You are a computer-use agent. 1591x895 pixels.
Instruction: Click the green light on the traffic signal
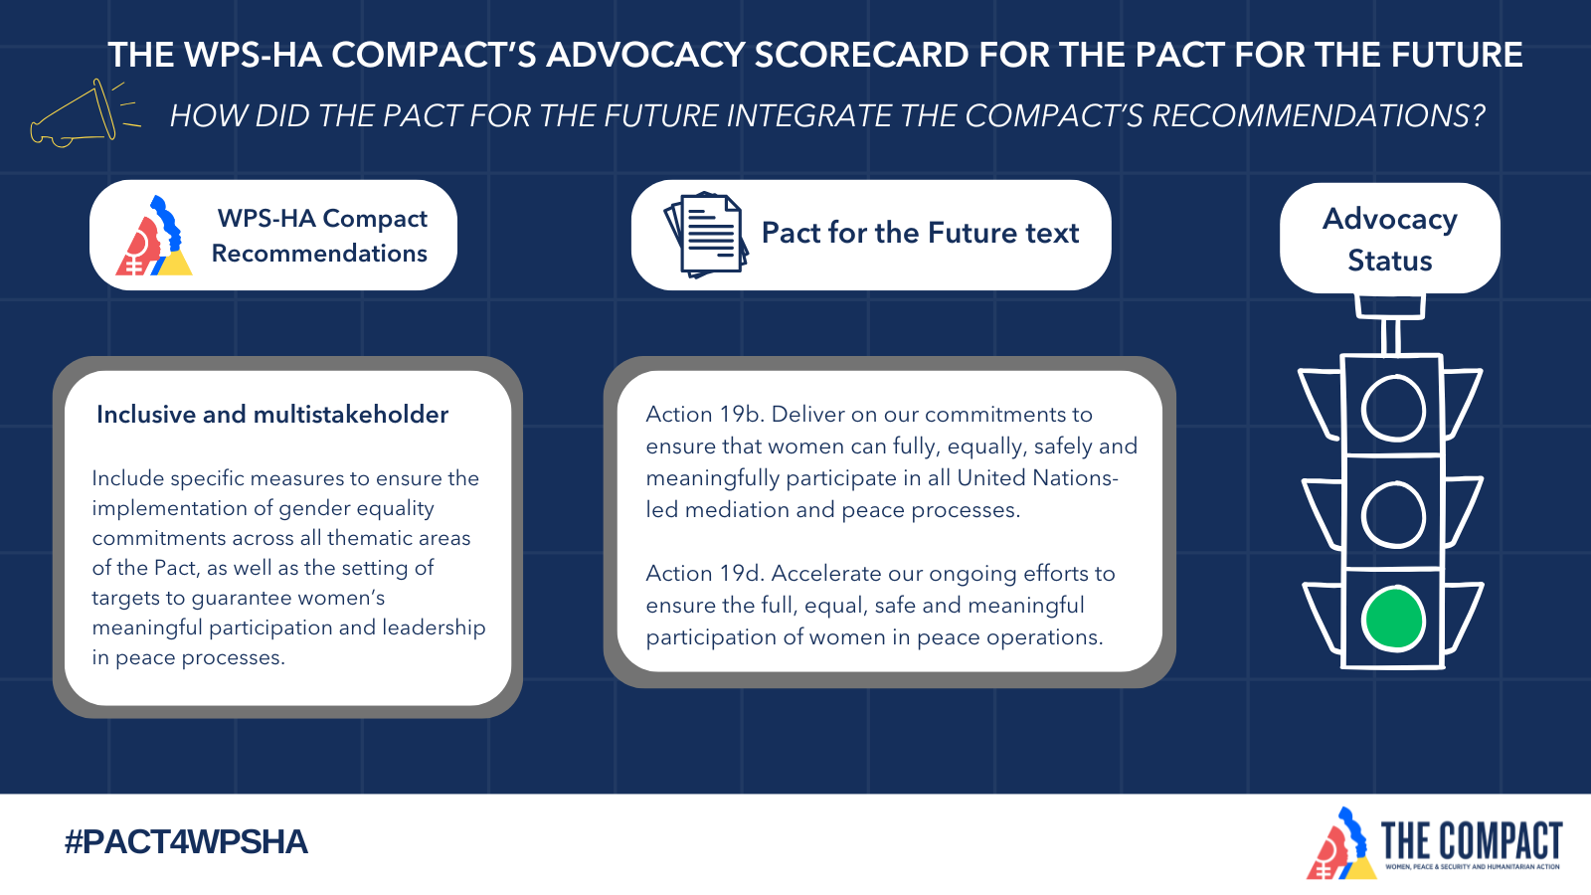tap(1393, 618)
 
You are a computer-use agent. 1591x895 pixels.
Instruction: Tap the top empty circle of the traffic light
tap(1363, 410)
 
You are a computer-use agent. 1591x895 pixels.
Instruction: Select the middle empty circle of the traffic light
tap(1363, 515)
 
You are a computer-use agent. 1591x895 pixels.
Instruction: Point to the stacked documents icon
tap(705, 235)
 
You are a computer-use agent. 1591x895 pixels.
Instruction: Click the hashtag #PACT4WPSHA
tap(186, 841)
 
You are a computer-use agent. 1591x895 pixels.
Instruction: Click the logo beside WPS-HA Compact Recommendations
tap(154, 236)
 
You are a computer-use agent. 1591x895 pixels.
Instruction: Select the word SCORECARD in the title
tap(861, 55)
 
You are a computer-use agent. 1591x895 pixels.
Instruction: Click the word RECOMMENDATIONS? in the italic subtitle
tap(1319, 115)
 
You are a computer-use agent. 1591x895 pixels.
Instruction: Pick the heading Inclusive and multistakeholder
tap(272, 414)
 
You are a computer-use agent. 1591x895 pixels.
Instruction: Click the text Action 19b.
tap(705, 414)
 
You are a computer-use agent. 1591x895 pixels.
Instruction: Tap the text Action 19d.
tap(705, 573)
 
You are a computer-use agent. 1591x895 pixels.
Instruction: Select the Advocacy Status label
tap(1390, 240)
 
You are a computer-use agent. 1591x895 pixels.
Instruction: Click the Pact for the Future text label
tap(920, 233)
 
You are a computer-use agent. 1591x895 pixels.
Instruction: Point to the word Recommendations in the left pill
tap(319, 253)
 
